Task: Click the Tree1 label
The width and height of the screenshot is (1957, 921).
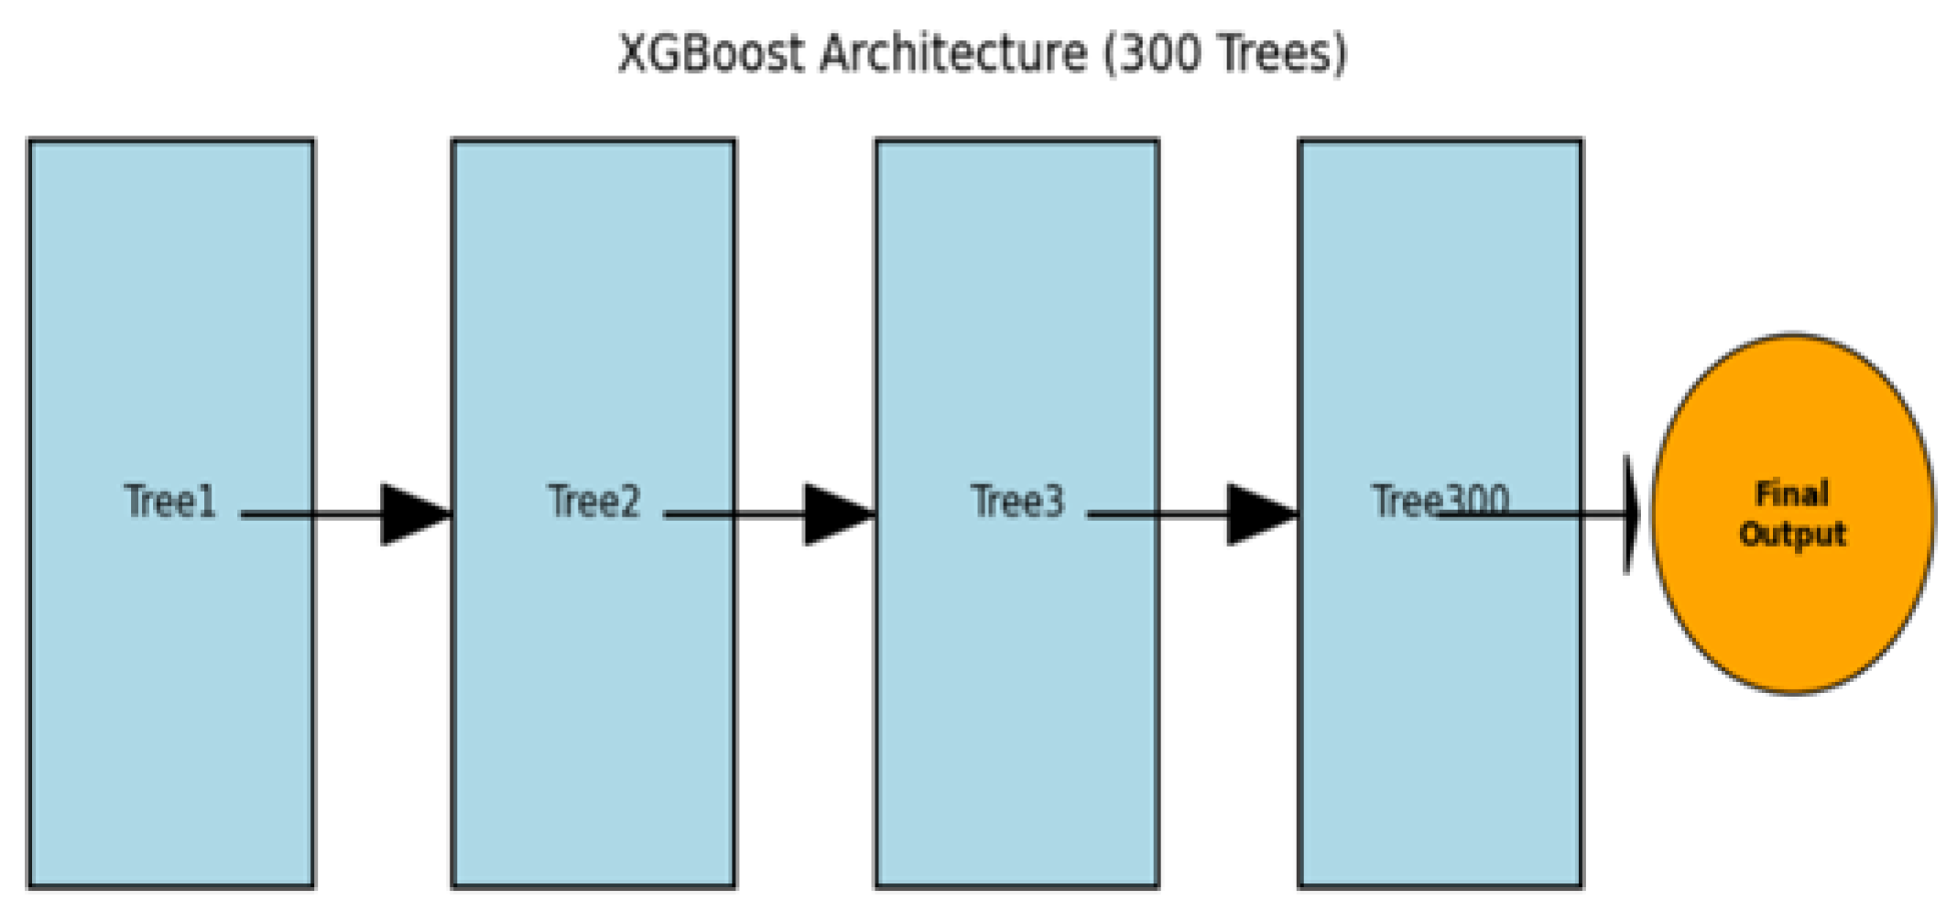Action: (169, 501)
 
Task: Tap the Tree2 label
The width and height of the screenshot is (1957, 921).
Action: (593, 501)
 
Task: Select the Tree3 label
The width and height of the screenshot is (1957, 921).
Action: (1017, 501)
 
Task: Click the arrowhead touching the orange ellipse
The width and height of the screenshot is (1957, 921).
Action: (1631, 515)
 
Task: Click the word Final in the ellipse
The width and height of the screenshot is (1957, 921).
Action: (1791, 493)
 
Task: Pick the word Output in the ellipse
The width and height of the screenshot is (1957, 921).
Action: (1791, 534)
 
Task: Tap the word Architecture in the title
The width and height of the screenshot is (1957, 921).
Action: (953, 53)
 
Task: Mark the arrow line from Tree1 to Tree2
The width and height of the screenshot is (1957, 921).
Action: (311, 515)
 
